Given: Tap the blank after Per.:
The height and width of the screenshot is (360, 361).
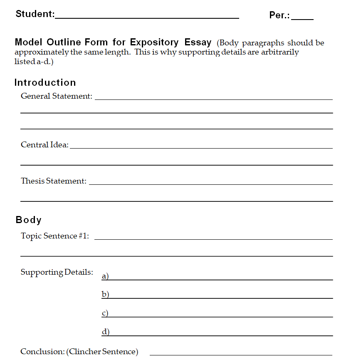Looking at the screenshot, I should pos(302,18).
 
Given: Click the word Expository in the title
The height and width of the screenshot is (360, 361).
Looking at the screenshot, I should pos(154,42).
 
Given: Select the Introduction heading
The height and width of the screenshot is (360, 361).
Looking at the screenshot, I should pos(45,82).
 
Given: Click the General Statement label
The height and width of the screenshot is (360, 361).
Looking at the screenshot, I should pos(57,96).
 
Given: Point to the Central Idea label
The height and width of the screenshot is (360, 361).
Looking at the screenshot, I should pos(45,145).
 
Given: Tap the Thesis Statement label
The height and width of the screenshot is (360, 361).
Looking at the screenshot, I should pos(54,181).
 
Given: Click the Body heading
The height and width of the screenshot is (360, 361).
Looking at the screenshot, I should pos(29,220).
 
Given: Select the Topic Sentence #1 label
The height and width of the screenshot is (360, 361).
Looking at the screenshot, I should pos(55,236).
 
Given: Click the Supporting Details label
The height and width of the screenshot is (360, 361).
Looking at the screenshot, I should pos(57,272).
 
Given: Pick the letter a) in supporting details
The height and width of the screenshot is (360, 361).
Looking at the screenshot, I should pos(105,276).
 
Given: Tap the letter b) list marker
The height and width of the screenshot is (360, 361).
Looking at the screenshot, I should pos(105,295).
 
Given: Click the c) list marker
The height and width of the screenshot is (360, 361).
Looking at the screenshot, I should pos(105,313).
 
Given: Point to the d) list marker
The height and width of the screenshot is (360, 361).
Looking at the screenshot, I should pos(105,332).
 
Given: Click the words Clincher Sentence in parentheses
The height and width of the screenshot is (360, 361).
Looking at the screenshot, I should pos(102,352).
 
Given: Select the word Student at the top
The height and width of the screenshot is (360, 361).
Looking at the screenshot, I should pos(35,14).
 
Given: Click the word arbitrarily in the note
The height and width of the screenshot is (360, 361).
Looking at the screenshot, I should pos(279,52).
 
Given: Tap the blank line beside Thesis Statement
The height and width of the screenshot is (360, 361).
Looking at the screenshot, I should pos(210,184).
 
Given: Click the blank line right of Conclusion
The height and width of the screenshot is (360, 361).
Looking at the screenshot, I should pos(241,354).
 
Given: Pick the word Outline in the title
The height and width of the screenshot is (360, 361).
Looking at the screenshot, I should pos(64,42).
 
